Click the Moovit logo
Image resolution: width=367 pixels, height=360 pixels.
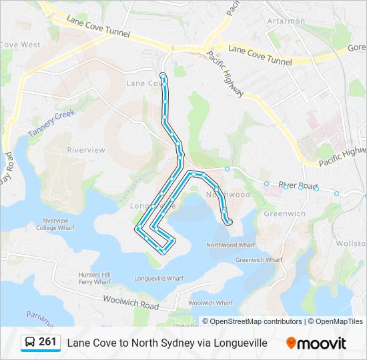316,343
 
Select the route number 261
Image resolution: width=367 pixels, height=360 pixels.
47,342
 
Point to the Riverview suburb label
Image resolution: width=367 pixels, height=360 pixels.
86,150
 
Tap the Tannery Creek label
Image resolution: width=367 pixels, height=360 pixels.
53,125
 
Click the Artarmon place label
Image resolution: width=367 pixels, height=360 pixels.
286,21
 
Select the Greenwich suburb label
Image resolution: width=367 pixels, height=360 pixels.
284,214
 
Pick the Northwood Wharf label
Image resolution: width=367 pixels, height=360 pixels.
231,245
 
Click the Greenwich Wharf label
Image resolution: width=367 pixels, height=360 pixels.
254,260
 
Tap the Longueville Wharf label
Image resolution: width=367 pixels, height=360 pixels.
159,278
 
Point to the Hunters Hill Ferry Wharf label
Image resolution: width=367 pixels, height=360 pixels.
94,278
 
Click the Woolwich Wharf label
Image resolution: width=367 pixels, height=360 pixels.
210,303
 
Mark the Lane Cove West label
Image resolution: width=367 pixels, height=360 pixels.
20,45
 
